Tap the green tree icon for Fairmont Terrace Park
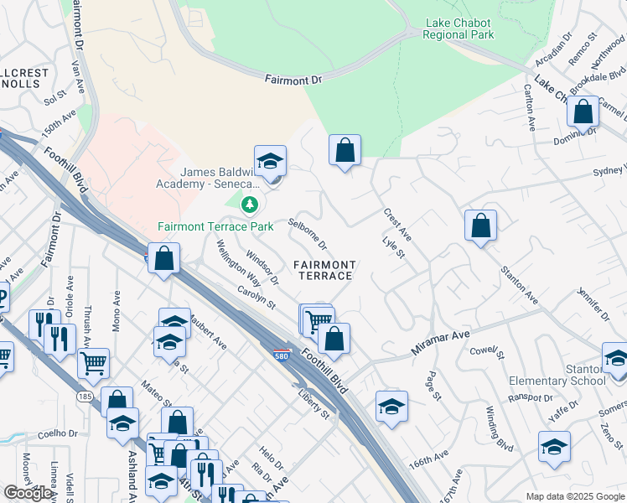[250, 204]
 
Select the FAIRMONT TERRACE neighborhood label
[324, 270]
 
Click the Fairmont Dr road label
[293, 80]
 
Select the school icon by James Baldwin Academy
[270, 161]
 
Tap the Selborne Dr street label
[308, 234]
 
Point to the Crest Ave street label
[397, 222]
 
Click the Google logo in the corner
[28, 493]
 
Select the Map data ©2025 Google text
[575, 496]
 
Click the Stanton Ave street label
[519, 283]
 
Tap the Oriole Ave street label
[71, 314]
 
